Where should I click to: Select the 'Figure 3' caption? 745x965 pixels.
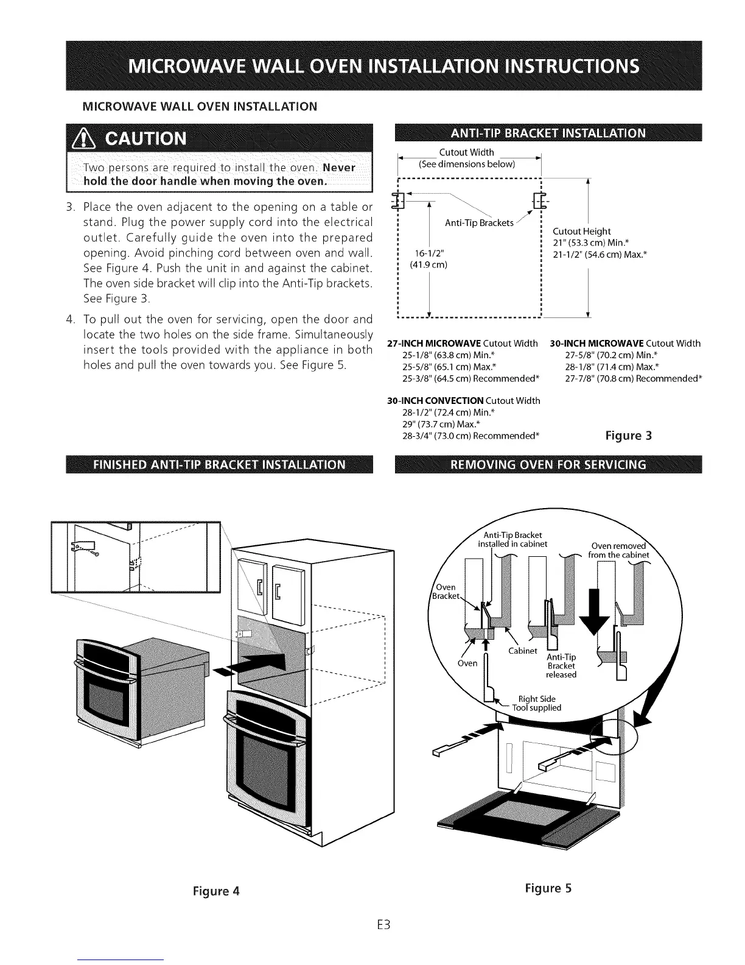click(629, 436)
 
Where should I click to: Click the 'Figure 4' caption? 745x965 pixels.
click(216, 891)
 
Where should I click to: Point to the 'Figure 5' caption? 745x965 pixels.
click(548, 888)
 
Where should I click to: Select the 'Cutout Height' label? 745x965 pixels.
click(581, 232)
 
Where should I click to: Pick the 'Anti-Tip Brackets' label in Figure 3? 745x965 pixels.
click(479, 223)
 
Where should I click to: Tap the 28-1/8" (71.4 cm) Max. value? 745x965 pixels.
click(611, 367)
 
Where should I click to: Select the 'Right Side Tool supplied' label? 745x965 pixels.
click(536, 703)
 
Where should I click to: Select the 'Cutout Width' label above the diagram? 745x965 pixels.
click(466, 152)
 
